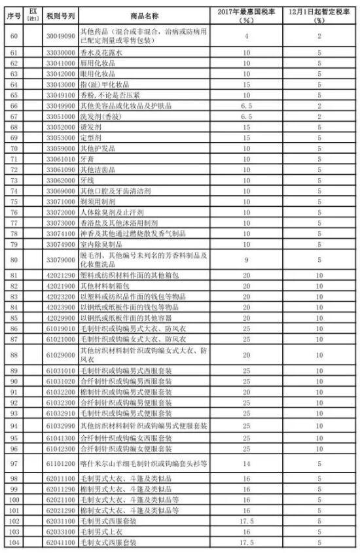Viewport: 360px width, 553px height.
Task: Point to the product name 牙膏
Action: point(86,158)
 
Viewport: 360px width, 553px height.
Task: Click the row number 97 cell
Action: point(13,463)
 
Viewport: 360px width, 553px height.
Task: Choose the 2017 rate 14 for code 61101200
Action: point(246,463)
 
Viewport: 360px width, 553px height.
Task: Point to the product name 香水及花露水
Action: point(98,52)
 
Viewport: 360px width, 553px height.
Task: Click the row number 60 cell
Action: point(13,35)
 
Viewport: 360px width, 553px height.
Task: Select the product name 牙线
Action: point(86,179)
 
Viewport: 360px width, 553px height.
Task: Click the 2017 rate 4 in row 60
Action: point(246,35)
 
